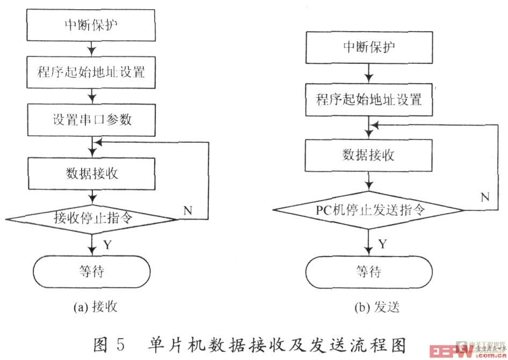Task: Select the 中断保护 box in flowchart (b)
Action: point(369,47)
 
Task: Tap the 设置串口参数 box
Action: point(92,120)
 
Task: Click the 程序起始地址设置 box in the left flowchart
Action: point(92,72)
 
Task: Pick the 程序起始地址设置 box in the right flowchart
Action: point(369,99)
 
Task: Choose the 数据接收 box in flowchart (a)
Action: point(92,173)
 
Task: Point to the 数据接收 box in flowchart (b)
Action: point(369,156)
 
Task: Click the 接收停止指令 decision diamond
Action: point(92,218)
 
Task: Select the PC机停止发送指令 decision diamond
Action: point(369,209)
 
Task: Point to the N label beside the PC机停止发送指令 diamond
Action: point(484,196)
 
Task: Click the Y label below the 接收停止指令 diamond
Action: point(107,245)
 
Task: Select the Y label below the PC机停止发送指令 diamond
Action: point(383,244)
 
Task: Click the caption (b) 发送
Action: point(376,307)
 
